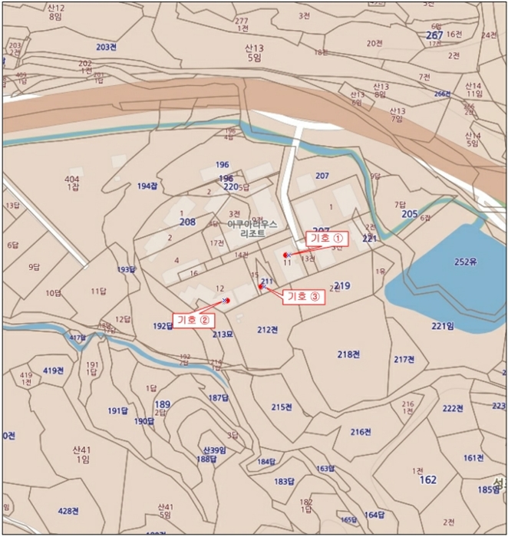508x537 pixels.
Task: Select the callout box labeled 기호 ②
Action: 192,319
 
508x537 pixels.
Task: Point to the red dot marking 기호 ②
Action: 226,301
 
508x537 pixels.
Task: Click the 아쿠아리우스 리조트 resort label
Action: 252,227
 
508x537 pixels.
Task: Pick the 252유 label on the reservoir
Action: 465,262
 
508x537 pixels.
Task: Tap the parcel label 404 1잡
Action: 73,183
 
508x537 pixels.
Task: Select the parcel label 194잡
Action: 147,186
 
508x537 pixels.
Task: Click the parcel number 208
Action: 187,222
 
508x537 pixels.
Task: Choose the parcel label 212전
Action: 267,330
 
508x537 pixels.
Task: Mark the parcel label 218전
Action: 349,354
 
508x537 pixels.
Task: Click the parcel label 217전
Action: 404,360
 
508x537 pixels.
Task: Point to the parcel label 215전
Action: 282,407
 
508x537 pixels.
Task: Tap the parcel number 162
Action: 428,480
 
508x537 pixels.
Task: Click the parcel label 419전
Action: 53,371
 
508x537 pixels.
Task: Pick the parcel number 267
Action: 434,35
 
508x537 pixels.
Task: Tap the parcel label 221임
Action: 443,326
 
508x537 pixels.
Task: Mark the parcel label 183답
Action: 284,482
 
